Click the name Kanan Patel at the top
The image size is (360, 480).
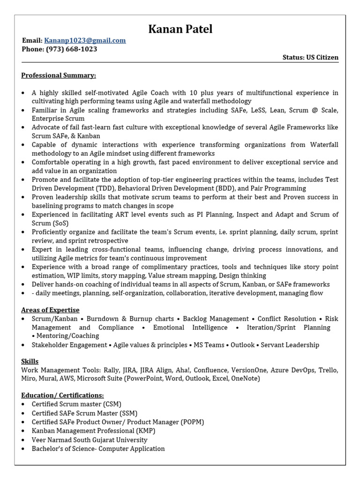tap(180, 29)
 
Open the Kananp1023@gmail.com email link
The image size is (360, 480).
tap(85, 40)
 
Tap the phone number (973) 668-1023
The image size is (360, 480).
tap(72, 49)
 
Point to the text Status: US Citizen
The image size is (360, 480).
tap(310, 57)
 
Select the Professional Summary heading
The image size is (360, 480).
tap(59, 75)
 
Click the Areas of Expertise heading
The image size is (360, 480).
tap(50, 310)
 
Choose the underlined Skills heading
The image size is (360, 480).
tap(30, 361)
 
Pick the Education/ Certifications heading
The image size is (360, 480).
tap(62, 395)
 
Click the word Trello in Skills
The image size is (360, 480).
tap(328, 370)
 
